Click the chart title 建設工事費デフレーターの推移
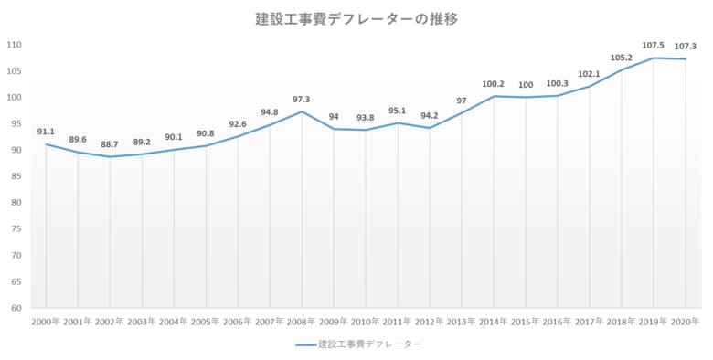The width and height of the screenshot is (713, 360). [356, 18]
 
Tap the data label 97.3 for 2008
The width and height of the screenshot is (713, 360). [302, 99]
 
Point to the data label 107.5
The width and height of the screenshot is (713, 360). [654, 45]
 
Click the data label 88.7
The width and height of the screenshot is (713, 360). [110, 144]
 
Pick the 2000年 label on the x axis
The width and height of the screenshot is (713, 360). [46, 322]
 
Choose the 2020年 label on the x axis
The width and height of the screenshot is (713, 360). [686, 322]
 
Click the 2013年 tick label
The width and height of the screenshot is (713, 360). [462, 322]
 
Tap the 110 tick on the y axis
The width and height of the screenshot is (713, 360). [15, 45]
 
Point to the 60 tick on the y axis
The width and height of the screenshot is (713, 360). [16, 308]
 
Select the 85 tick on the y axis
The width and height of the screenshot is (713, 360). [16, 176]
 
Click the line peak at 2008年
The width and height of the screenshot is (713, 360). [302, 111]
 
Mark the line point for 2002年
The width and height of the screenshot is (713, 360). [110, 157]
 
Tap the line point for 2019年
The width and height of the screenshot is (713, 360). [654, 58]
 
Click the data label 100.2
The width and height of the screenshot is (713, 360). [494, 84]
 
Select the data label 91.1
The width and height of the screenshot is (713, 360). [46, 132]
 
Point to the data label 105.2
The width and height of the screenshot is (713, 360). [622, 58]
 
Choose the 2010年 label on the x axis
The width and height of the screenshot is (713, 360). [366, 322]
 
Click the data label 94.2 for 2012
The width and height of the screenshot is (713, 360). [430, 115]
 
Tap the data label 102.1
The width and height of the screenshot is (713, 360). [590, 74]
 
